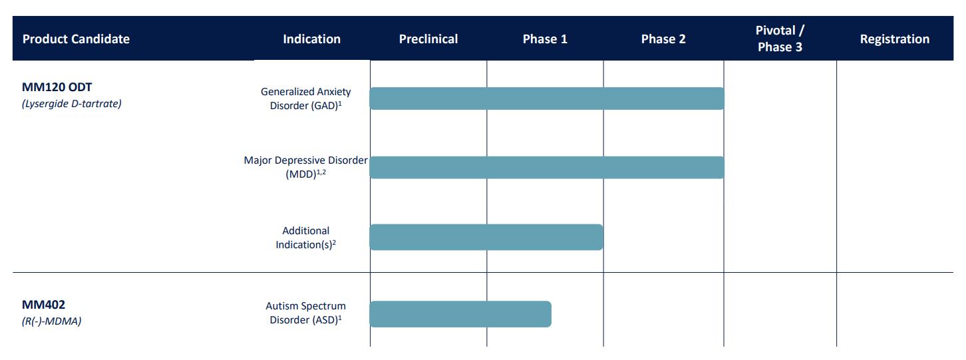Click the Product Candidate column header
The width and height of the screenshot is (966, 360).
tap(76, 39)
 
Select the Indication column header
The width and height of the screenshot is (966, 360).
tap(311, 39)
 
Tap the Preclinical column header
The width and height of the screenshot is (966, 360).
tap(428, 39)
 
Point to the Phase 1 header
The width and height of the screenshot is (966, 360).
tap(545, 39)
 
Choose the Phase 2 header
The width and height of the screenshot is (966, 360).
tap(663, 39)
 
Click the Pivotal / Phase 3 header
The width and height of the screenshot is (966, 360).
tap(780, 39)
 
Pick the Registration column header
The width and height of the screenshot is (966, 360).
tap(894, 39)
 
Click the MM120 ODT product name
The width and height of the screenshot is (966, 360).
tap(57, 87)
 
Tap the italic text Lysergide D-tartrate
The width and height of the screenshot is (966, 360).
tap(72, 103)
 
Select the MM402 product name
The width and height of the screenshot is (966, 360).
tap(43, 305)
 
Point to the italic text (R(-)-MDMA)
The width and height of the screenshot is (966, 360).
tap(51, 321)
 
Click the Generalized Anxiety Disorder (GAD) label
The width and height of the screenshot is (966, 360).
tap(306, 98)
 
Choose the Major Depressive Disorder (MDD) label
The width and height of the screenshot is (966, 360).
tap(306, 167)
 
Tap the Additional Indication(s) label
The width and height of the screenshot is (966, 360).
tap(306, 238)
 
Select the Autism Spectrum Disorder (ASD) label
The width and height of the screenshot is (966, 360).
tap(306, 313)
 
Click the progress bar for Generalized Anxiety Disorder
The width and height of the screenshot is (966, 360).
tap(547, 98)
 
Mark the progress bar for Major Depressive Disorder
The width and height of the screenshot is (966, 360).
tap(547, 167)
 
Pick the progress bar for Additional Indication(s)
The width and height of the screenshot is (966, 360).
tap(486, 237)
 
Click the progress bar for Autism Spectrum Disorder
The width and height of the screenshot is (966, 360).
tap(460, 314)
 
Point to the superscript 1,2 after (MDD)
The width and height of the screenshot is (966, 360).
tap(321, 172)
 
